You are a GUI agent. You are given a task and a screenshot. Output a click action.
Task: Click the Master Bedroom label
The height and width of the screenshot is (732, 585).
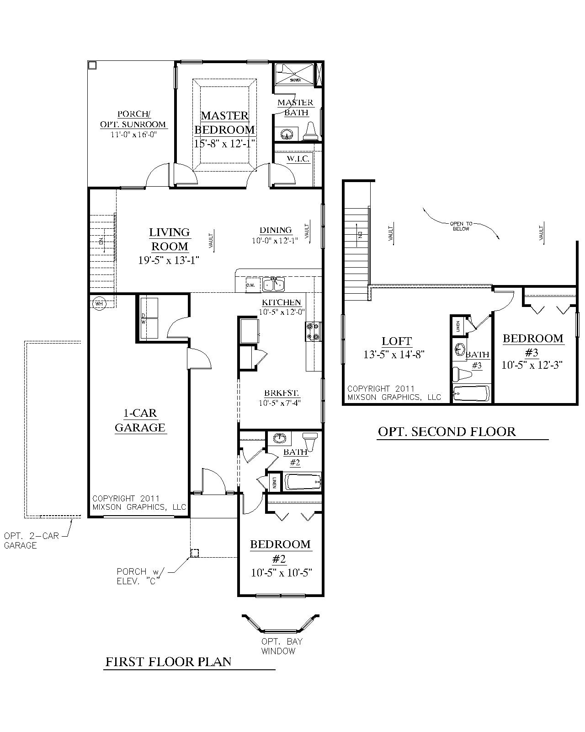pos(224,123)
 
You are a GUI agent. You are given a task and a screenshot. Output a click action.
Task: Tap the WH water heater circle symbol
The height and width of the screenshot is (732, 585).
pos(98,303)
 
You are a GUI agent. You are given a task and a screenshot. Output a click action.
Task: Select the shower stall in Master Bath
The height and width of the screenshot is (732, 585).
pos(295,74)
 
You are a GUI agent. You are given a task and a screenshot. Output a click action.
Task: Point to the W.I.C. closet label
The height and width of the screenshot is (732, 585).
pos(298,159)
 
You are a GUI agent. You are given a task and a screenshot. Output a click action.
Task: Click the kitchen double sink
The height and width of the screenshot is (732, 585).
pos(273,285)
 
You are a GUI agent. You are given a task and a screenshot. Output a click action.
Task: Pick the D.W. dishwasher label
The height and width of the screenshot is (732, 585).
pos(250,285)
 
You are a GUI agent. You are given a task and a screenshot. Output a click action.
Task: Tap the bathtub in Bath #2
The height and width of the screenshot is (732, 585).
pos(303,482)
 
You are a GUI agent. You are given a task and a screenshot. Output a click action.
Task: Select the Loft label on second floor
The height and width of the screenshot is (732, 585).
pos(397,341)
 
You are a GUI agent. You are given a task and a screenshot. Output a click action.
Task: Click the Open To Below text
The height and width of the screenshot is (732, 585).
pos(461,226)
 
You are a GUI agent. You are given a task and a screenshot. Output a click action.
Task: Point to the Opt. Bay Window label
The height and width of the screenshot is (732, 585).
pos(282,646)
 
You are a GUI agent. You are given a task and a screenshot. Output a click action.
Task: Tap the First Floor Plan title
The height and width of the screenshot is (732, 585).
pos(169,662)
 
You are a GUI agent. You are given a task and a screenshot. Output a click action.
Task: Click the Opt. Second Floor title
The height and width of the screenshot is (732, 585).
pos(447,431)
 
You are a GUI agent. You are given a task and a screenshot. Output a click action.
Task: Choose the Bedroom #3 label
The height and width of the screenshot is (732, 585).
pos(533,344)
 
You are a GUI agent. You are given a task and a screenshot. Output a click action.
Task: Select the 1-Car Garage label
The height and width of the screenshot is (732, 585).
pos(140,420)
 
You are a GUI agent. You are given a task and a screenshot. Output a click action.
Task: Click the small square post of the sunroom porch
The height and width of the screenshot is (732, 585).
pos(92,65)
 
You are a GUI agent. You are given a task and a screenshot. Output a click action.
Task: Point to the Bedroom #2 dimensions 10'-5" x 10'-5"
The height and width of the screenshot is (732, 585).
pos(281,573)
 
